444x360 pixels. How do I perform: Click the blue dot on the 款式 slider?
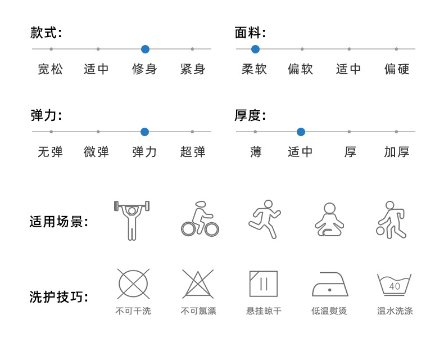(145, 49)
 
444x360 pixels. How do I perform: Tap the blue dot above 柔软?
(255, 49)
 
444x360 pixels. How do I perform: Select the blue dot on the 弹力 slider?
(144, 132)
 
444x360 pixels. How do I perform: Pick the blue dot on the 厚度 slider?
(301, 132)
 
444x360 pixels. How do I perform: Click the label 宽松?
(51, 69)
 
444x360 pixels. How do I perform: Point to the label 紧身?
(193, 69)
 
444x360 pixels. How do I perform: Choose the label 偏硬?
(397, 69)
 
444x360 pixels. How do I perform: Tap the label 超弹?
(193, 152)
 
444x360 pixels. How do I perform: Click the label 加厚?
(397, 152)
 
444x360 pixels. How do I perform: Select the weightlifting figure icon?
(132, 220)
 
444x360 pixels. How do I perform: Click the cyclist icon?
(200, 219)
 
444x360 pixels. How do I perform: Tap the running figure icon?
(265, 219)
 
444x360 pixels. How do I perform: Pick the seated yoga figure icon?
(329, 219)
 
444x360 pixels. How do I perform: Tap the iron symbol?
(330, 285)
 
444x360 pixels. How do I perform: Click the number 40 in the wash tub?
(395, 286)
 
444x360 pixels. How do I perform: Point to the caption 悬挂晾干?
(264, 311)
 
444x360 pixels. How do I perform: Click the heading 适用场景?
(59, 222)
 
